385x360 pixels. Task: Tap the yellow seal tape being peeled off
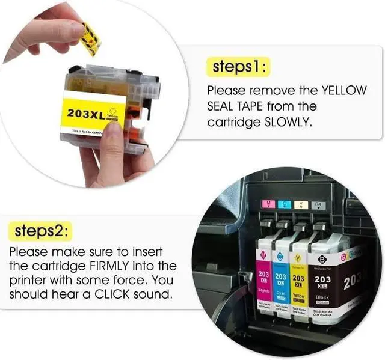(x=90, y=38)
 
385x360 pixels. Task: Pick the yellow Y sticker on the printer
(x=301, y=205)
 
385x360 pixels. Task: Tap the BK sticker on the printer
(x=319, y=205)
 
